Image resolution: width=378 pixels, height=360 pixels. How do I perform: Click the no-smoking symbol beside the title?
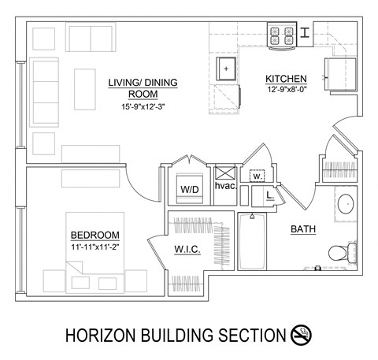tap(302, 335)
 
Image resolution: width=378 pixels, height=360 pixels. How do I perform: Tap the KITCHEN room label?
tap(285, 79)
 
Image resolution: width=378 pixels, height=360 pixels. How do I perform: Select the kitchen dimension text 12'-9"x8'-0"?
tap(286, 89)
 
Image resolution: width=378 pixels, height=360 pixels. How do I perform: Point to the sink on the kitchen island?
tap(227, 69)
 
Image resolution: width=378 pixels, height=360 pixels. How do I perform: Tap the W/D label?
tap(190, 189)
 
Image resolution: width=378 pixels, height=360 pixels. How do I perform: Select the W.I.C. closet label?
tap(186, 250)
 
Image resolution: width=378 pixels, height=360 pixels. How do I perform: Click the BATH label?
tap(303, 229)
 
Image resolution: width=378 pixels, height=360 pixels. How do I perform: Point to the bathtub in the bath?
tap(252, 244)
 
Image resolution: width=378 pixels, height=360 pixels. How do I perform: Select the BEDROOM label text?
tap(94, 235)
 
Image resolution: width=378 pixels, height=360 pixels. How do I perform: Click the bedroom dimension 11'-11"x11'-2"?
tap(94, 246)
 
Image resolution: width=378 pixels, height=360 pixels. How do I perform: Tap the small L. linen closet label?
tap(269, 194)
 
